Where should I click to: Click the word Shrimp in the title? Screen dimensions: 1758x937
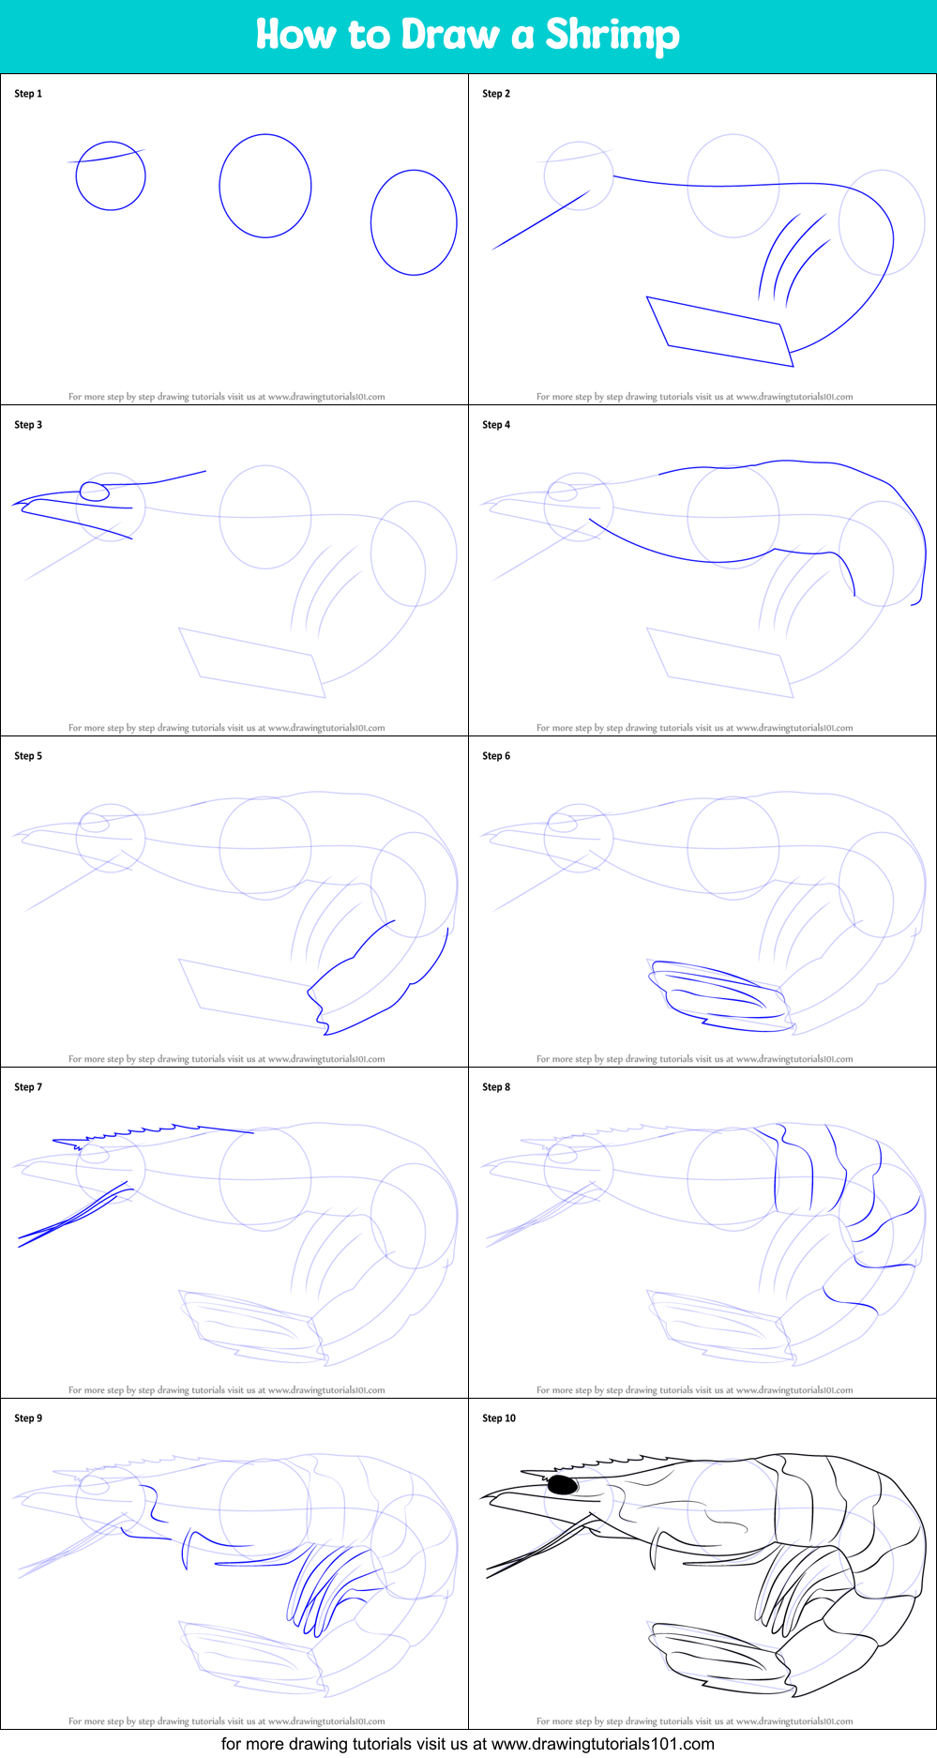pos(612,35)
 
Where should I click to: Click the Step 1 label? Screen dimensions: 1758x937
pos(28,94)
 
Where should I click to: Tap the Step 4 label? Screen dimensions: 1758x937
pos(496,425)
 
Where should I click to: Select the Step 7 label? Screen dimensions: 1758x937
pos(28,1087)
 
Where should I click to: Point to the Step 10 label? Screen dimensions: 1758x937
pos(499,1418)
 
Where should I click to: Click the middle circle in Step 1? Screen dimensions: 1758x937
pos(265,186)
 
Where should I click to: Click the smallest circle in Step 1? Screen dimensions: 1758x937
pos(111,175)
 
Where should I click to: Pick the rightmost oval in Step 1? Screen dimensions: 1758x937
pos(414,222)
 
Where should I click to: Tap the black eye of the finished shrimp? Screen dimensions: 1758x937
pos(562,1485)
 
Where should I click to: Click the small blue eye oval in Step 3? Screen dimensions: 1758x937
pos(95,491)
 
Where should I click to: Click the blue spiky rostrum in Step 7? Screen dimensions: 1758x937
pos(150,1133)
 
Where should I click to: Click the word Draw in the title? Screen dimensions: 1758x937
pos(450,35)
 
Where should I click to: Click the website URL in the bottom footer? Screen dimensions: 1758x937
pos(602,1744)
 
